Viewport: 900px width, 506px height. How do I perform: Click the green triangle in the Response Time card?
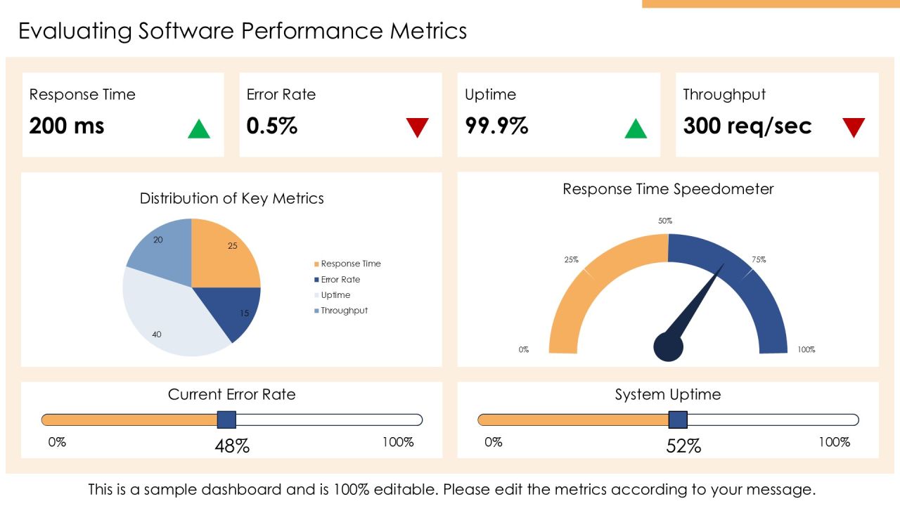coord(199,129)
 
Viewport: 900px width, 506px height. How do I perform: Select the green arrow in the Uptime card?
coord(636,129)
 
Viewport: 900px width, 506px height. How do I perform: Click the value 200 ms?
coord(67,126)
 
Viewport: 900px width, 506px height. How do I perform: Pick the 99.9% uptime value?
coord(496,126)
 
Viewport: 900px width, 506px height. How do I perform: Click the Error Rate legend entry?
coord(337,280)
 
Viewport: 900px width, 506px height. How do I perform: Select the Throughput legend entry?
coord(341,311)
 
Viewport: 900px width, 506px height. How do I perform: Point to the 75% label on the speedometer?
coord(759,260)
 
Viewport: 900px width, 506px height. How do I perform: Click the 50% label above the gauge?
coord(665,221)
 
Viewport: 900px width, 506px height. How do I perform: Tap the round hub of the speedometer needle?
coord(668,347)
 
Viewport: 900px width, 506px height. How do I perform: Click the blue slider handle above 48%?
coord(226,420)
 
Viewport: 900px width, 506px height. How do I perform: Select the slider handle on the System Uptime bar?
coord(678,420)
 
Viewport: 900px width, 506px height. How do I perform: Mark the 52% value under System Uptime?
coord(683,446)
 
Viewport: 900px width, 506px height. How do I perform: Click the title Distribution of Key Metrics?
coord(232,198)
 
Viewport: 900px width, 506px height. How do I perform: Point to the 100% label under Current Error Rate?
coord(398,442)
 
